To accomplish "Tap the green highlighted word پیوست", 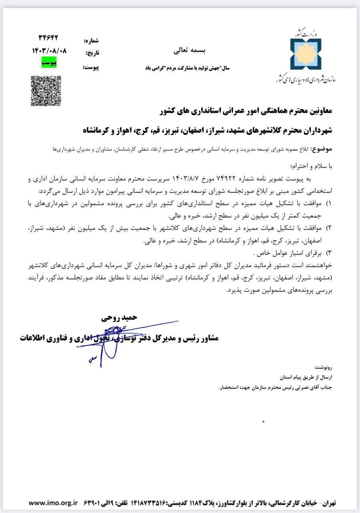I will [x=49, y=63].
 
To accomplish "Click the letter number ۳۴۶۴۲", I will [x=48, y=38].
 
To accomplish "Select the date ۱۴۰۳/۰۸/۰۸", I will [x=49, y=51].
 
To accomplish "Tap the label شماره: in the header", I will [x=91, y=41].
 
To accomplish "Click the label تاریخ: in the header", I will [x=92, y=53].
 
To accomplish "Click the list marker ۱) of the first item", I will [x=330, y=204].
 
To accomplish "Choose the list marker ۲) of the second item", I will [x=330, y=228].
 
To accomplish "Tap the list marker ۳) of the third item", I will [x=330, y=253].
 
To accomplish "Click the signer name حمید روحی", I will [x=120, y=317].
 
